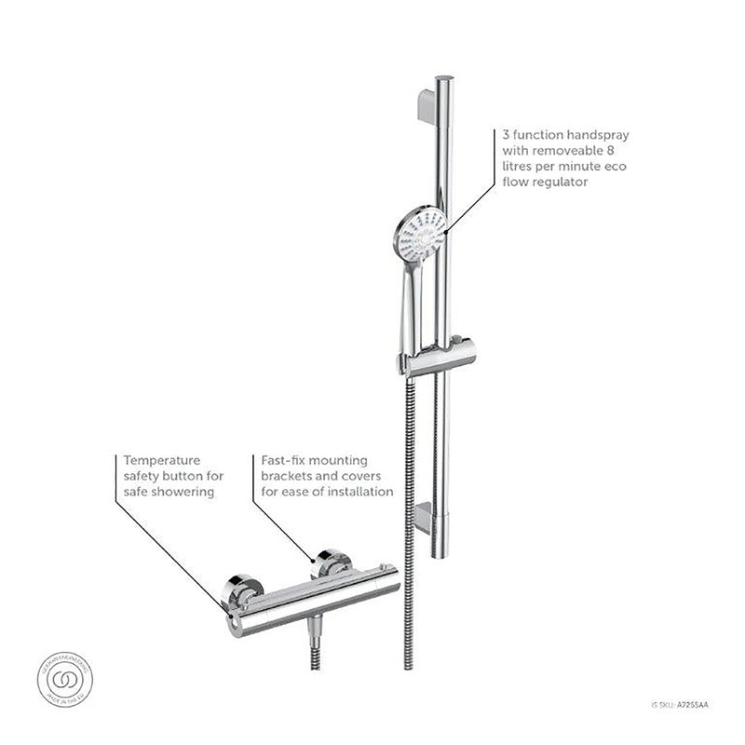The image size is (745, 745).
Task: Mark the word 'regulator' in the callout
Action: tap(557, 183)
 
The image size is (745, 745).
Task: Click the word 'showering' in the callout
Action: tap(186, 491)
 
